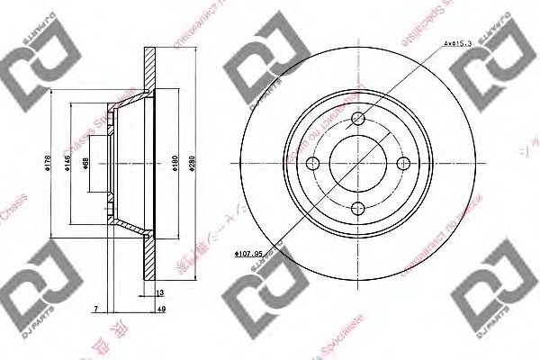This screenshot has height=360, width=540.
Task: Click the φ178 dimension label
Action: [48, 164]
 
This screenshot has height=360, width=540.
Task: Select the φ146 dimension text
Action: [66, 164]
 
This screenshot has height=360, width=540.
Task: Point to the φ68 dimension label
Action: [85, 164]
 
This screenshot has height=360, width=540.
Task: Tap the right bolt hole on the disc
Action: [403, 164]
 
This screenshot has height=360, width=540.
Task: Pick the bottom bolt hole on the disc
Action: [358, 209]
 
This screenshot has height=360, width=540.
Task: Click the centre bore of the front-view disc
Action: [358, 164]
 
